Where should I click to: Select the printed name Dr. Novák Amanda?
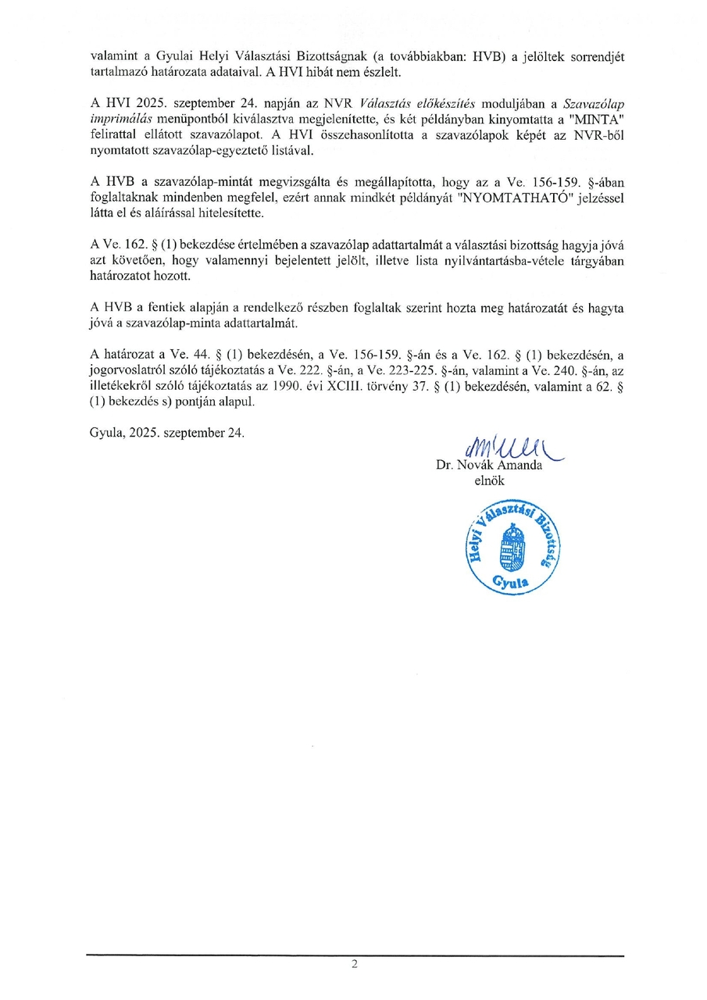(489, 466)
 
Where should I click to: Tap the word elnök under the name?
(489, 481)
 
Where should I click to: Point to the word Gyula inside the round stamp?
(511, 581)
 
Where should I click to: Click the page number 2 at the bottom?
(354, 964)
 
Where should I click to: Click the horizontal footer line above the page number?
(355, 955)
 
